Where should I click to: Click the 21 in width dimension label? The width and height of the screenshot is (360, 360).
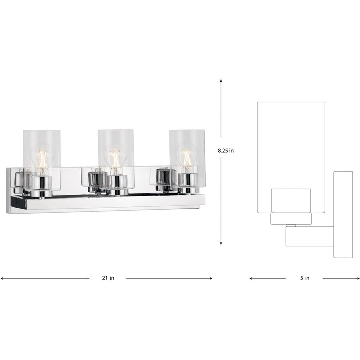(x=108, y=278)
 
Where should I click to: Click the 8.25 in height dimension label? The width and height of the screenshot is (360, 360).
(x=225, y=151)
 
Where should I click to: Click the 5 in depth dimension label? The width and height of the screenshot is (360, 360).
(x=304, y=278)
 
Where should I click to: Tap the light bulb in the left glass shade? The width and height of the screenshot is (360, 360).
(x=41, y=157)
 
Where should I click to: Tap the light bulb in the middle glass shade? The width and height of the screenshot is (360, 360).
(x=115, y=157)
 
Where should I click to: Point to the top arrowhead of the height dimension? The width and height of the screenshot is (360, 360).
(x=221, y=81)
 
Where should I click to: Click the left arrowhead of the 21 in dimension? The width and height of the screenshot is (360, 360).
(x=3, y=278)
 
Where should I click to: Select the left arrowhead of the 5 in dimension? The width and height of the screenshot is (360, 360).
(x=252, y=278)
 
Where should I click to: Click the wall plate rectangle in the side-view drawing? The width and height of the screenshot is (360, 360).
(x=343, y=214)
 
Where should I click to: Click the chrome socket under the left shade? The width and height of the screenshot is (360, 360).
(x=41, y=184)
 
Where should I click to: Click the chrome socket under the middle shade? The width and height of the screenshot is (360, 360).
(x=117, y=184)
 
